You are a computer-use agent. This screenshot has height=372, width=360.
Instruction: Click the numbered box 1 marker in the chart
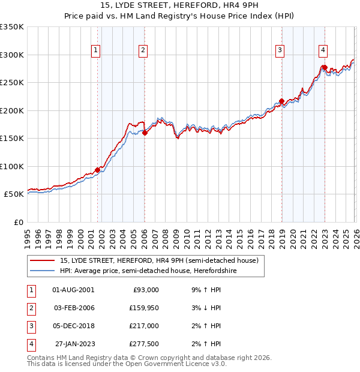coord(95,50)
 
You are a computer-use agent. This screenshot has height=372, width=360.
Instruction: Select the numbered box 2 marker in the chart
coord(143,50)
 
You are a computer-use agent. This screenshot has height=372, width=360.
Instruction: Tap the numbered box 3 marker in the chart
coord(280,50)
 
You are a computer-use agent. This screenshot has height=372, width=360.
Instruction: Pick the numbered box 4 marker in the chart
coord(323,50)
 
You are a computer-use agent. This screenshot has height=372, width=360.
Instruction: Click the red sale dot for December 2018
coord(281,101)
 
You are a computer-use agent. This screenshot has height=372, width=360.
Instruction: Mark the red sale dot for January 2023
coord(324,67)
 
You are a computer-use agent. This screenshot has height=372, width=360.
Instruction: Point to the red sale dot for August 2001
coord(97,170)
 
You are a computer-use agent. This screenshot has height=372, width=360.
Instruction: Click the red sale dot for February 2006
coord(145,133)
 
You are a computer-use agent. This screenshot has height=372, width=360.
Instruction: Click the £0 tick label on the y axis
coord(18,222)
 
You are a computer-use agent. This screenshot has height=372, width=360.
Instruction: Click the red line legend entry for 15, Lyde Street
coord(159,260)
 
